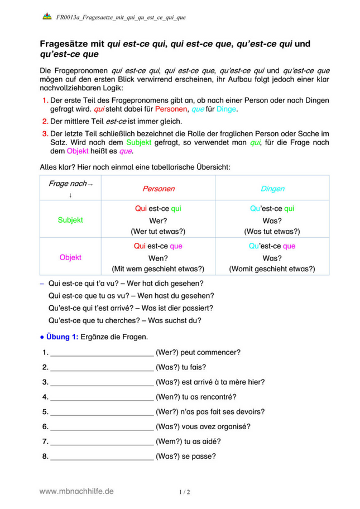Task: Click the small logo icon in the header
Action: pyautogui.click(x=47, y=17)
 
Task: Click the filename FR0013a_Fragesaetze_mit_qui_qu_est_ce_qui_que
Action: pyautogui.click(x=121, y=18)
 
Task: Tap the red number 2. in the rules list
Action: pyautogui.click(x=45, y=121)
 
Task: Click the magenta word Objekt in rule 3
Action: pyautogui.click(x=78, y=151)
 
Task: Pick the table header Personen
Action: pyautogui.click(x=159, y=189)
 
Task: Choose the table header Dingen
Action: pyautogui.click(x=272, y=189)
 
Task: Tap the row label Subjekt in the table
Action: pyautogui.click(x=70, y=220)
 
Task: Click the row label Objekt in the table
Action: pyautogui.click(x=70, y=257)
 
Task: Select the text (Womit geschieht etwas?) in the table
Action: pyautogui.click(x=272, y=268)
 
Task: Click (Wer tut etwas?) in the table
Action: pyautogui.click(x=158, y=231)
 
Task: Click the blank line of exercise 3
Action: pyautogui.click(x=102, y=382)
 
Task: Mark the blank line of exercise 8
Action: pyautogui.click(x=102, y=456)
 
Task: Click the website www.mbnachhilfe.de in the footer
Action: pyautogui.click(x=76, y=491)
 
